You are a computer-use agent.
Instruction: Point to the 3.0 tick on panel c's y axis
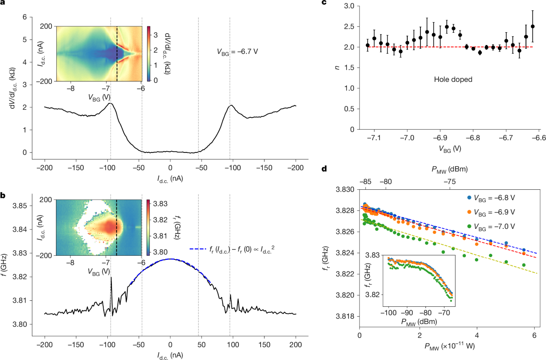tap(348, 6)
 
